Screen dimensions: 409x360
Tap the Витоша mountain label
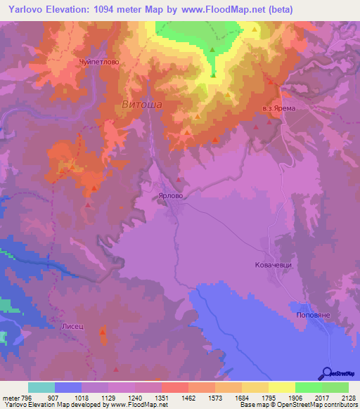click(x=142, y=104)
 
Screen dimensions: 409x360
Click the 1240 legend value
click(x=139, y=397)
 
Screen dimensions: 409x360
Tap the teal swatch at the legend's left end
click(x=41, y=387)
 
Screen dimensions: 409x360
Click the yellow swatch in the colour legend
click(x=281, y=387)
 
